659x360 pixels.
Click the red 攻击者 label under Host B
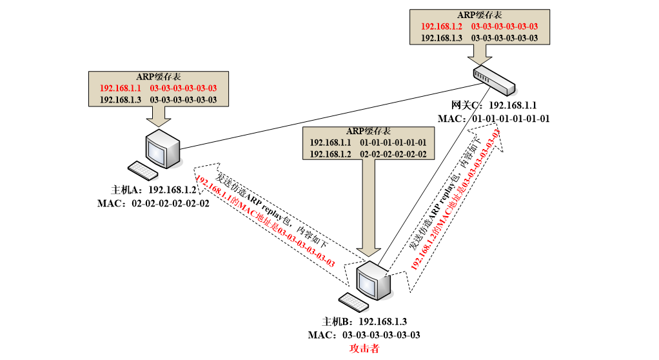click(364, 348)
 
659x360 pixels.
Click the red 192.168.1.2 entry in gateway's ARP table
click(442, 26)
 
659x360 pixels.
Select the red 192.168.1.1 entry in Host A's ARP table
click(120, 88)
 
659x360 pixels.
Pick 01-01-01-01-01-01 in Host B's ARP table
click(393, 142)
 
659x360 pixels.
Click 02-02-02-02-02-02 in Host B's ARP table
click(393, 154)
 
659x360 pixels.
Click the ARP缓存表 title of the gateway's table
click(479, 15)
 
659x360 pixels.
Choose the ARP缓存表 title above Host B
click(368, 130)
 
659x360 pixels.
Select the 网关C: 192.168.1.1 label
click(494, 105)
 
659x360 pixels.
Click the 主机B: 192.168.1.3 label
click(364, 321)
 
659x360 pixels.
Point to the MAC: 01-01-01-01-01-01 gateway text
click(494, 119)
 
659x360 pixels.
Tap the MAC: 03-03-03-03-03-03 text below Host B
click(364, 335)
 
